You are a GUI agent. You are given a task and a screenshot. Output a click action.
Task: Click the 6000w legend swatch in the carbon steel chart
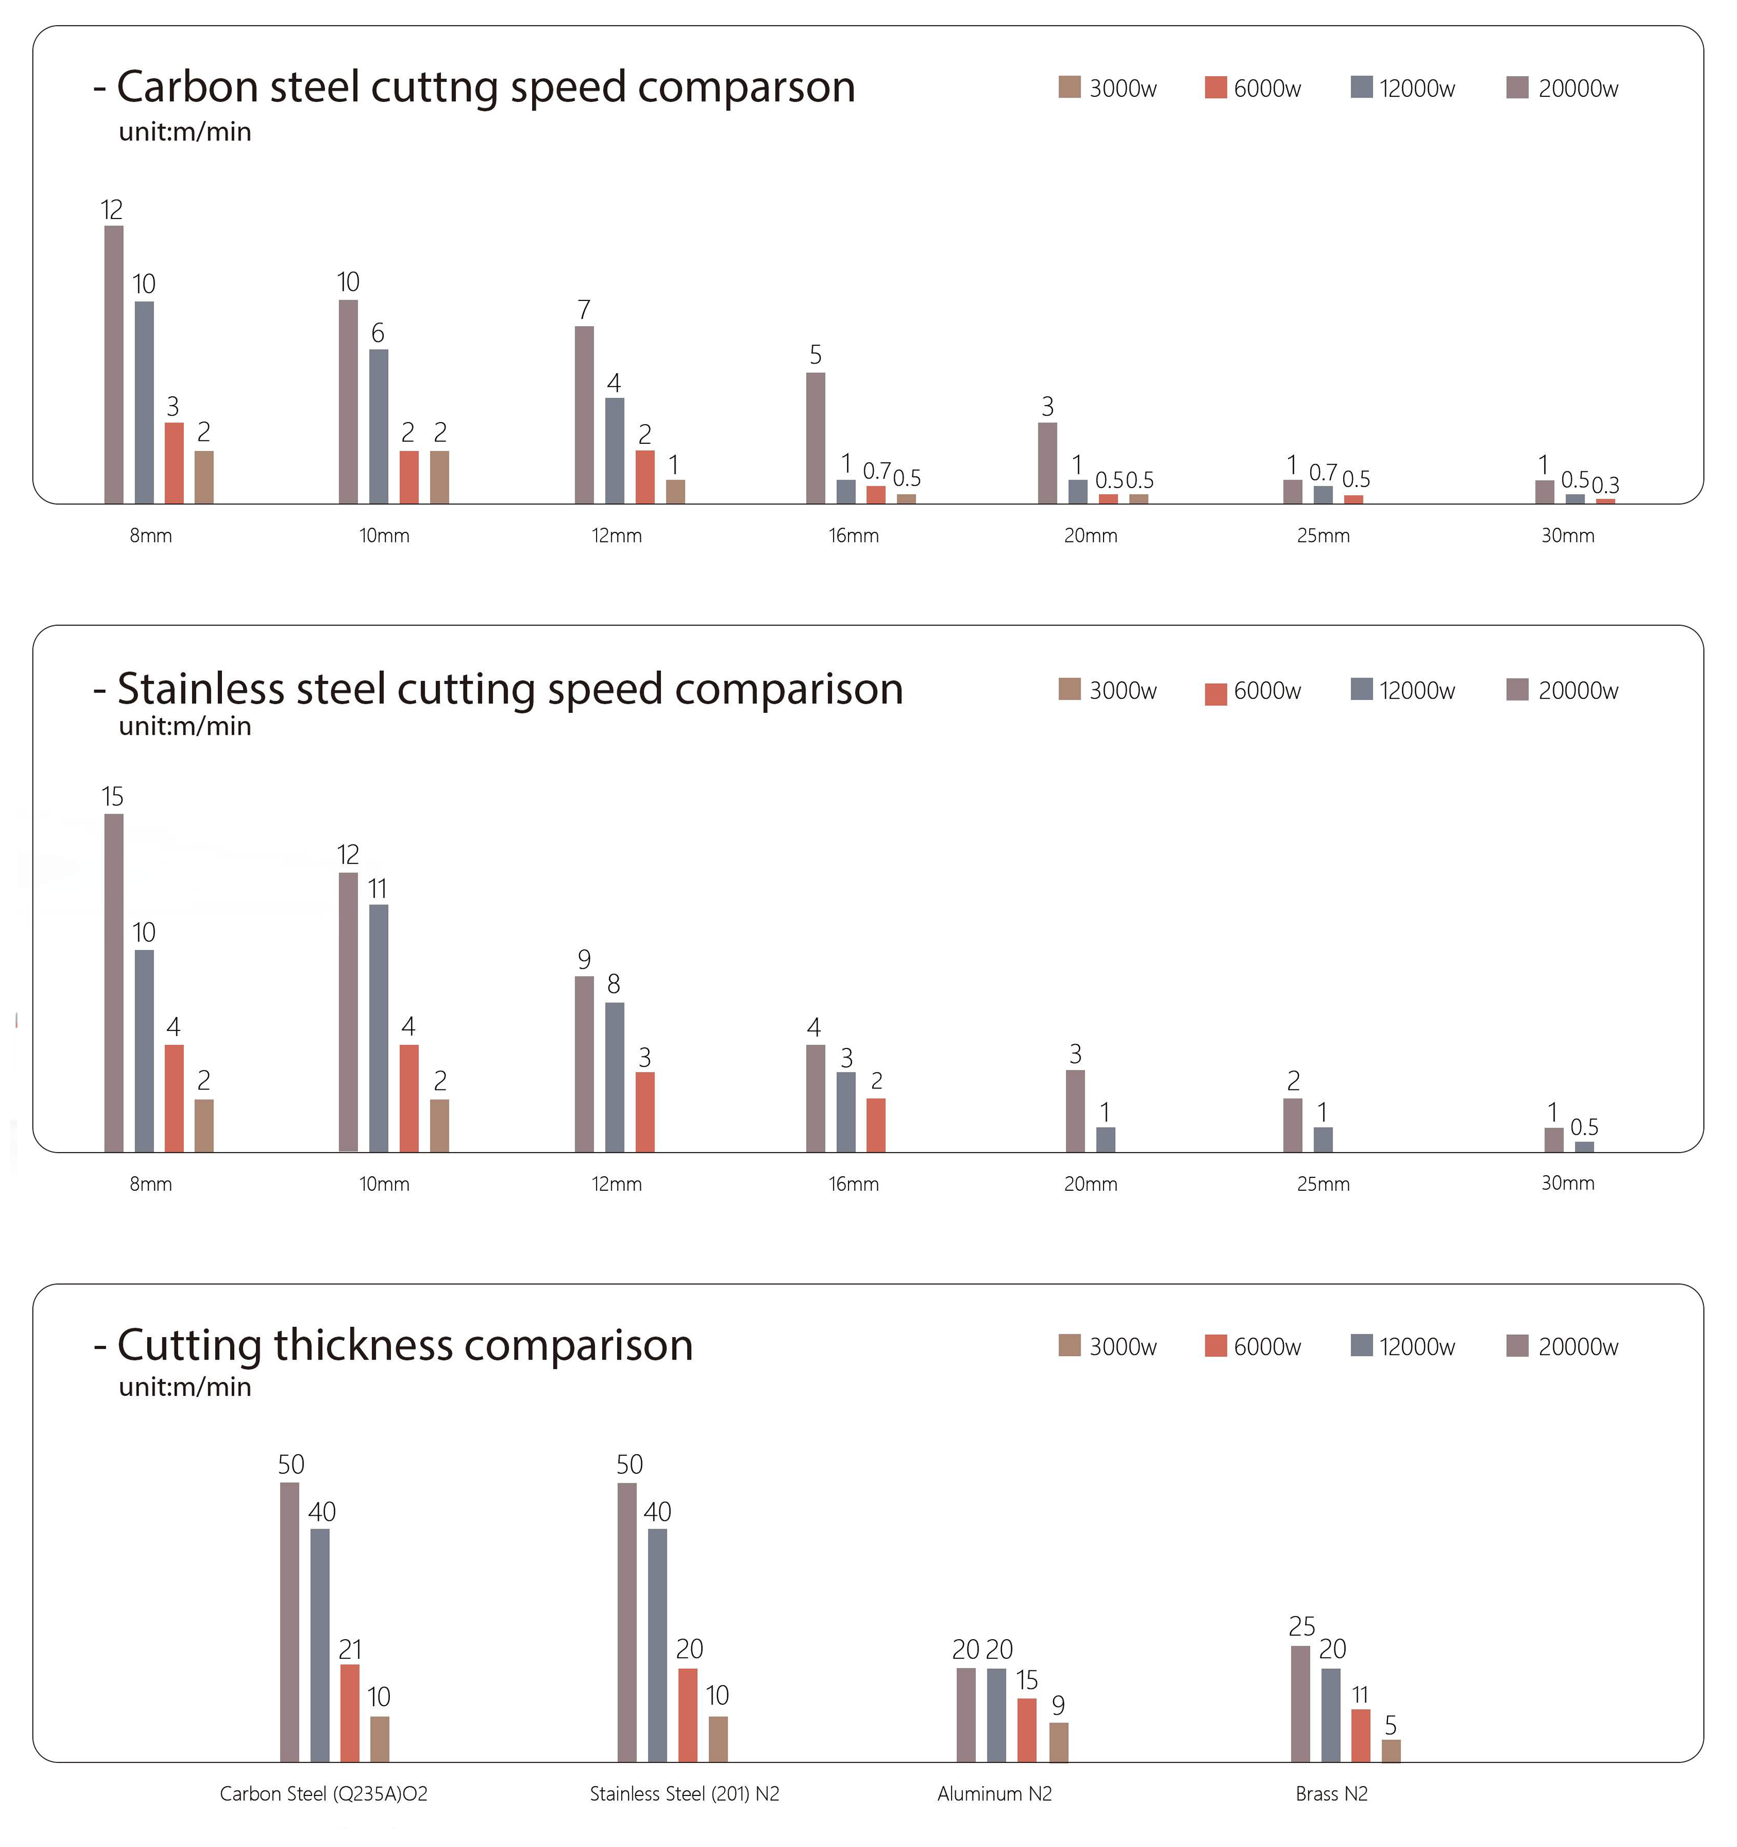point(1215,87)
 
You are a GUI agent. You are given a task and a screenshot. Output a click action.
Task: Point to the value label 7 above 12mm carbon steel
point(583,310)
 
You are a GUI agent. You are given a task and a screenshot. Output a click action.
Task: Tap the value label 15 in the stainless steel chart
point(113,797)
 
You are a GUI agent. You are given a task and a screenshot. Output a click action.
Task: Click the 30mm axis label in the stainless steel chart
point(1567,1184)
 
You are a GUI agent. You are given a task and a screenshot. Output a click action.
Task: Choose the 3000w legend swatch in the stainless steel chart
point(1069,689)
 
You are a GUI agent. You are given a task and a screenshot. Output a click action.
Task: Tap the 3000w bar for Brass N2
point(1390,1751)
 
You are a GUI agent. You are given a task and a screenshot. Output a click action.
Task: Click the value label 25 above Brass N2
point(1301,1627)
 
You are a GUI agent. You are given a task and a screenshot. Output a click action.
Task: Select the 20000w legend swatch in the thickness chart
point(1517,1345)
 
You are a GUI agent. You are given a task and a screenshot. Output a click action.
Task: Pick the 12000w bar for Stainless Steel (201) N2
point(656,1645)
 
